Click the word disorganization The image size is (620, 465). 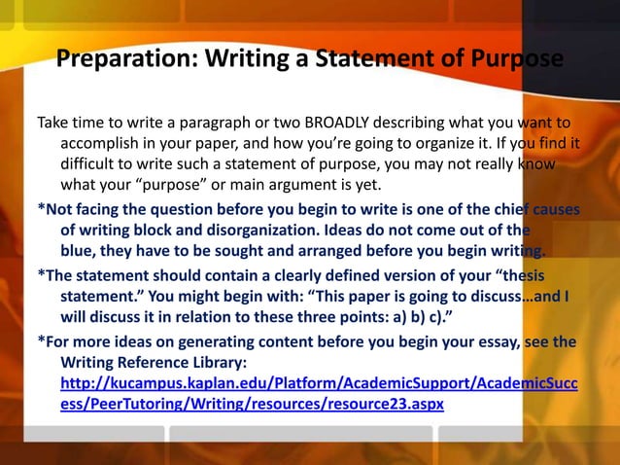click(251, 230)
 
